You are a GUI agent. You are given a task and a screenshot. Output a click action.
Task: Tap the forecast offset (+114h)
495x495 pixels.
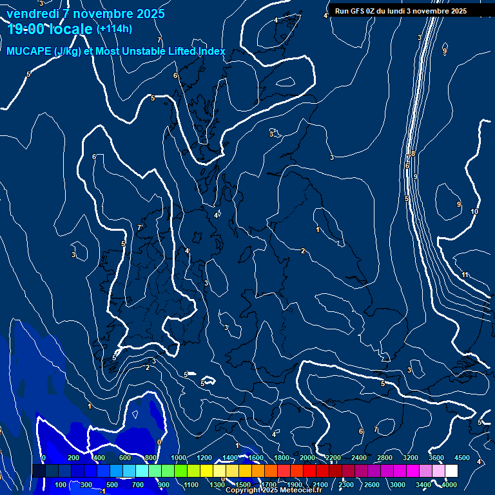114,28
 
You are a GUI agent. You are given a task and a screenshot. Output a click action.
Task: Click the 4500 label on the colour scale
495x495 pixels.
461,458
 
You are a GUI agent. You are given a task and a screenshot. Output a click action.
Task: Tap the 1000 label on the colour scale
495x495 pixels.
179,458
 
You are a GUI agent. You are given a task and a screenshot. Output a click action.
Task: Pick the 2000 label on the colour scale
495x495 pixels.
307,458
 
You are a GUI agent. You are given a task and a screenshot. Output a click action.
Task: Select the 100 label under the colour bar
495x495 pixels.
61,484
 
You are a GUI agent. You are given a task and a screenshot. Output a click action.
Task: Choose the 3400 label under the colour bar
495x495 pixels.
423,484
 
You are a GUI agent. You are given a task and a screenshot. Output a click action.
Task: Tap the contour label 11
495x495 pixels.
465,275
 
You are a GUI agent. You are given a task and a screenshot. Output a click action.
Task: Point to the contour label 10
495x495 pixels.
474,212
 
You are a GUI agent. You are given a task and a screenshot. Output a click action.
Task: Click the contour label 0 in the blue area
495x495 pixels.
159,442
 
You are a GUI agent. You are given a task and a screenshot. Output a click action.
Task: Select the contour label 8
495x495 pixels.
413,153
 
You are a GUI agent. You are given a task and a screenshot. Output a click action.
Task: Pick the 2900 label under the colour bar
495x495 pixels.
372,484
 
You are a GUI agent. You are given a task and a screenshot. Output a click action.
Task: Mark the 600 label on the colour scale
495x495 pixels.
125,458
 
